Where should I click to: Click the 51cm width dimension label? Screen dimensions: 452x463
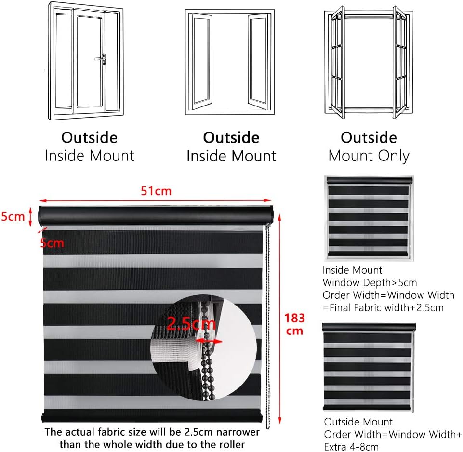tap(156, 191)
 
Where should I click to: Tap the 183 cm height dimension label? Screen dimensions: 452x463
tap(294, 324)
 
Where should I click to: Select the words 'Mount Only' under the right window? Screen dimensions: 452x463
tap(369, 156)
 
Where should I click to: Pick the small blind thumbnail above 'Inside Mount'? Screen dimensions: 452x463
tap(369, 218)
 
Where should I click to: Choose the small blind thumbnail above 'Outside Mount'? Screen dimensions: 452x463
tap(369, 367)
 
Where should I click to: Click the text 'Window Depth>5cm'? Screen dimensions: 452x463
tap(370, 282)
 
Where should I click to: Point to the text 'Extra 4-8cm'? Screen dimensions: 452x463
tap(351, 447)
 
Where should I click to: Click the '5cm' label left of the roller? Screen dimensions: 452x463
tap(13, 216)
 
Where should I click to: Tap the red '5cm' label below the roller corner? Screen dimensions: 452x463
tap(52, 243)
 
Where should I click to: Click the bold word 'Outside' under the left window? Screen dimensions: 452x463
tap(89, 138)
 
